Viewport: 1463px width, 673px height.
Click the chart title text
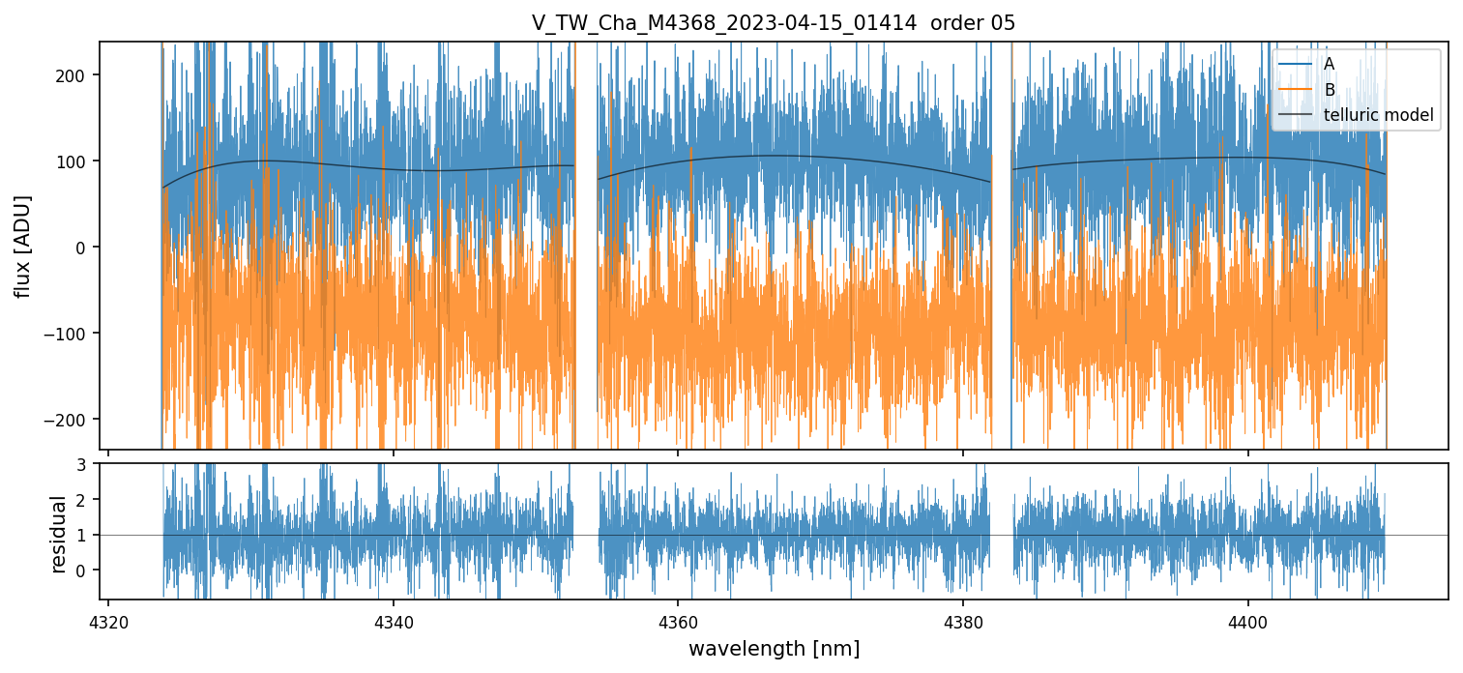pyautogui.click(x=773, y=23)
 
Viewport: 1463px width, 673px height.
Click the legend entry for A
pyautogui.click(x=1329, y=64)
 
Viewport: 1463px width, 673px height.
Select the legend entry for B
pyautogui.click(x=1329, y=90)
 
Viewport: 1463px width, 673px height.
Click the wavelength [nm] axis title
pyautogui.click(x=774, y=648)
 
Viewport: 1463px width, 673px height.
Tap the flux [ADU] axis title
pyautogui.click(x=22, y=246)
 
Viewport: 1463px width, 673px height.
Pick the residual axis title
pyautogui.click(x=59, y=534)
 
